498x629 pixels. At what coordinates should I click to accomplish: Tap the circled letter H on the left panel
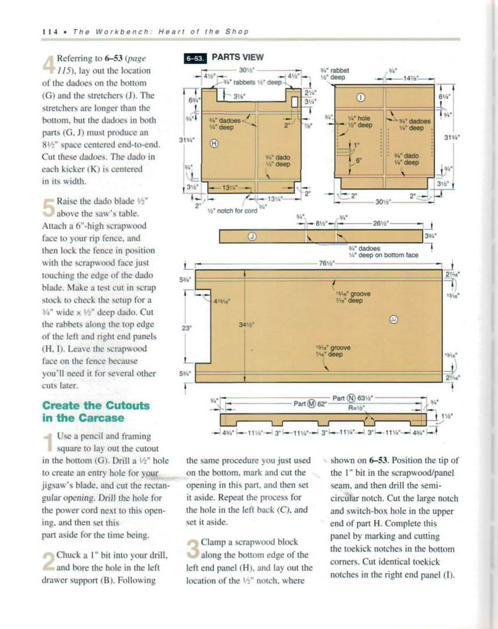point(214,143)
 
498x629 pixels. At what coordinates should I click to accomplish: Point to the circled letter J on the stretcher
point(252,237)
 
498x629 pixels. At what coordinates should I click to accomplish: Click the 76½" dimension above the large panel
point(325,263)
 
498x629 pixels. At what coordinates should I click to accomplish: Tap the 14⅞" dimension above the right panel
point(410,78)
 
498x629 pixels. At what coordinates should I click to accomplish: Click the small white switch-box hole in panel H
point(293,101)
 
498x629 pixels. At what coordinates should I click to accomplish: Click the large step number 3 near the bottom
point(193,549)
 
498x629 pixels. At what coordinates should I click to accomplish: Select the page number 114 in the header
point(48,31)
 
